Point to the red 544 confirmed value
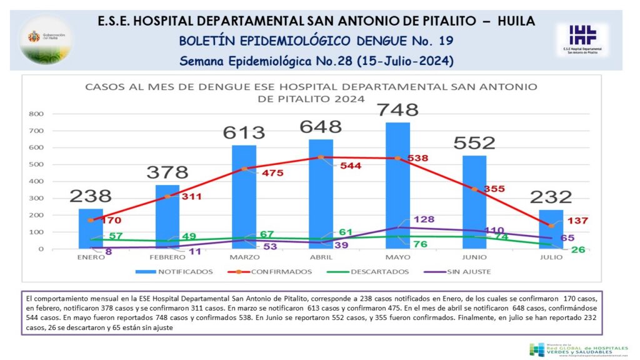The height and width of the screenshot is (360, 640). [x=349, y=166]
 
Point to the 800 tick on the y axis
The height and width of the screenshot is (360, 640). [x=35, y=114]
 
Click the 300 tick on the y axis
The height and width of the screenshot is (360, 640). [x=35, y=198]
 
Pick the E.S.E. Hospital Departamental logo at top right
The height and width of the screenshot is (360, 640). [x=582, y=39]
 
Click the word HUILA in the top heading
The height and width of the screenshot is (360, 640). [x=516, y=21]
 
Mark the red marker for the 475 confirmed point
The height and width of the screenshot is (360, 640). [x=244, y=169]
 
